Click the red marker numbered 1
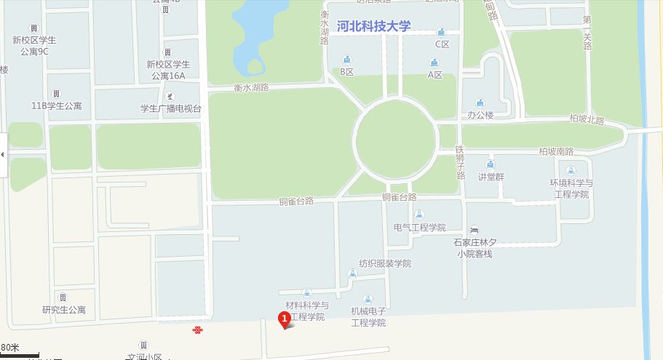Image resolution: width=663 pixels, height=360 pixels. click(x=285, y=318)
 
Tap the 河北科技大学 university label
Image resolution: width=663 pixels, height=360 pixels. click(x=374, y=26)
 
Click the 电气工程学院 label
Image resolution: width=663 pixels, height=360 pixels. click(x=419, y=227)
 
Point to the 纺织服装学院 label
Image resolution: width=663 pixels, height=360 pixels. click(x=385, y=263)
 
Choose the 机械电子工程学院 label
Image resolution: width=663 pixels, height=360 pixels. click(x=368, y=316)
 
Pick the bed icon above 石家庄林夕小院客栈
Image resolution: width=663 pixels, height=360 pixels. click(x=475, y=230)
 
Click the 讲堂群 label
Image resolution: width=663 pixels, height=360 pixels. click(x=491, y=177)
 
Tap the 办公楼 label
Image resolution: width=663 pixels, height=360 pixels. click(x=480, y=116)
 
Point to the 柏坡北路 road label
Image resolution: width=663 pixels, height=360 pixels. click(x=587, y=120)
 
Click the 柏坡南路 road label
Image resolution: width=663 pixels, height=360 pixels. click(x=556, y=151)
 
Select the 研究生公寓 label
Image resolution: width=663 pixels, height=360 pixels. click(x=64, y=310)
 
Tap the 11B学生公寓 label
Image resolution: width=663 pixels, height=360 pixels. click(x=57, y=106)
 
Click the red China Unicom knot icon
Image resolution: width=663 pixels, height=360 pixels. click(x=197, y=330)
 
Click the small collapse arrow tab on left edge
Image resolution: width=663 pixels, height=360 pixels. click(x=3, y=155)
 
